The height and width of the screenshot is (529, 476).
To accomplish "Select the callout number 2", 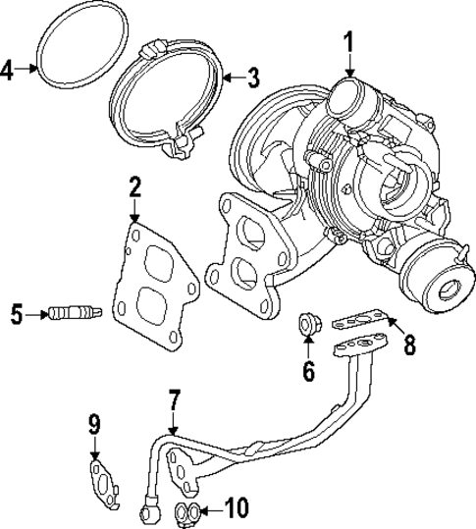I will [x=134, y=187].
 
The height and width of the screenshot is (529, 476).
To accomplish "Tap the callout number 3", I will [x=252, y=77].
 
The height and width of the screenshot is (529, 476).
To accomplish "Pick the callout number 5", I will [x=16, y=314].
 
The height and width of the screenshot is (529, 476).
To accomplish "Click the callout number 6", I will [x=307, y=370].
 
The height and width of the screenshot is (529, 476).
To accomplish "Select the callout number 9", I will [x=94, y=424].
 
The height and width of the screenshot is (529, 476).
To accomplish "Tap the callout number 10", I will [x=237, y=508].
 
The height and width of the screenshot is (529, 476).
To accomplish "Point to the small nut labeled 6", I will [x=307, y=325].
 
